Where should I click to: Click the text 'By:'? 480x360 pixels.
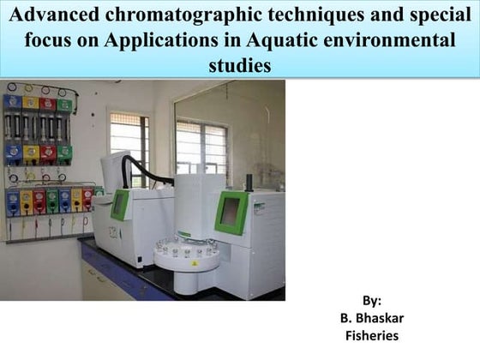point(371,301)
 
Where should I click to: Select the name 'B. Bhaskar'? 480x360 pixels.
point(371,318)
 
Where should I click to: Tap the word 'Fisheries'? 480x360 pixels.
point(371,335)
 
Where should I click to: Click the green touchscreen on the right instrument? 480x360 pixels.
point(231,211)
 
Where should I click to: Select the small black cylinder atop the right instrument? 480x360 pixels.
point(249,182)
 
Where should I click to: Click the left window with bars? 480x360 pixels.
point(129,141)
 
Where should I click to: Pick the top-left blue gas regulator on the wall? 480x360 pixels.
point(12,103)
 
